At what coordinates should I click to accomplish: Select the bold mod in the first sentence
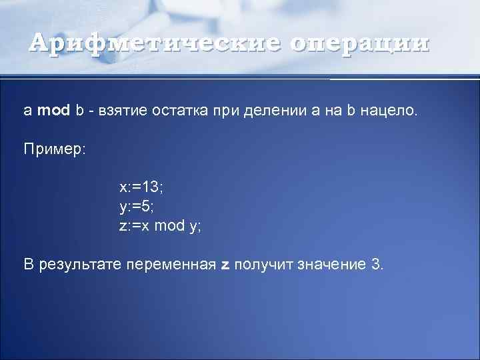[x=53, y=110]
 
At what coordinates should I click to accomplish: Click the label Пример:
[x=55, y=149]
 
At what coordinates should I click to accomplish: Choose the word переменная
[x=176, y=265]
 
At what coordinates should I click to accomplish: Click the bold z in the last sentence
[x=225, y=265]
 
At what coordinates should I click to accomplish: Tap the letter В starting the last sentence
[x=29, y=265]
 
